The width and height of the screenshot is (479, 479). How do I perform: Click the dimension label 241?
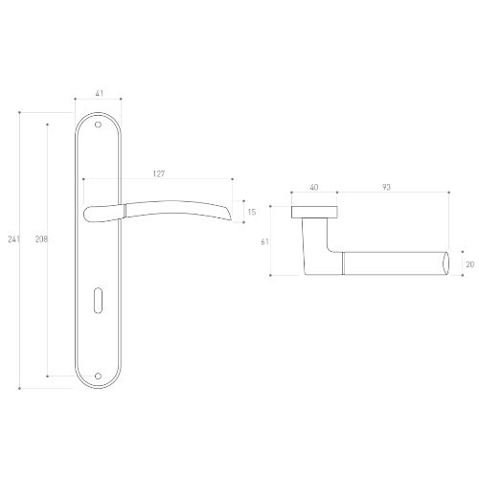coord(14,239)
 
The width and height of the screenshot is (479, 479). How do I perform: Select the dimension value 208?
coord(41,239)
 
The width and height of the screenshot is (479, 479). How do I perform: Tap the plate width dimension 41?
coord(100,93)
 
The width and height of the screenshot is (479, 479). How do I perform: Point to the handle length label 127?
coord(159,173)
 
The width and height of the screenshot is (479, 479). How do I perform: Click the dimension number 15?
coord(252,212)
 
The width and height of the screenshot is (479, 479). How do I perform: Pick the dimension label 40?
coord(314,187)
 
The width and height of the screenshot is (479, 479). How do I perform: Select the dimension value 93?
coord(386,187)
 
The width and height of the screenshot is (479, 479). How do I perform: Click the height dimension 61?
coord(264,242)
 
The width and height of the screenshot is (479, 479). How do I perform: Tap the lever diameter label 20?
coord(470,264)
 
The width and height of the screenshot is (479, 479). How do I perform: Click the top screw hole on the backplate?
coord(98,125)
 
